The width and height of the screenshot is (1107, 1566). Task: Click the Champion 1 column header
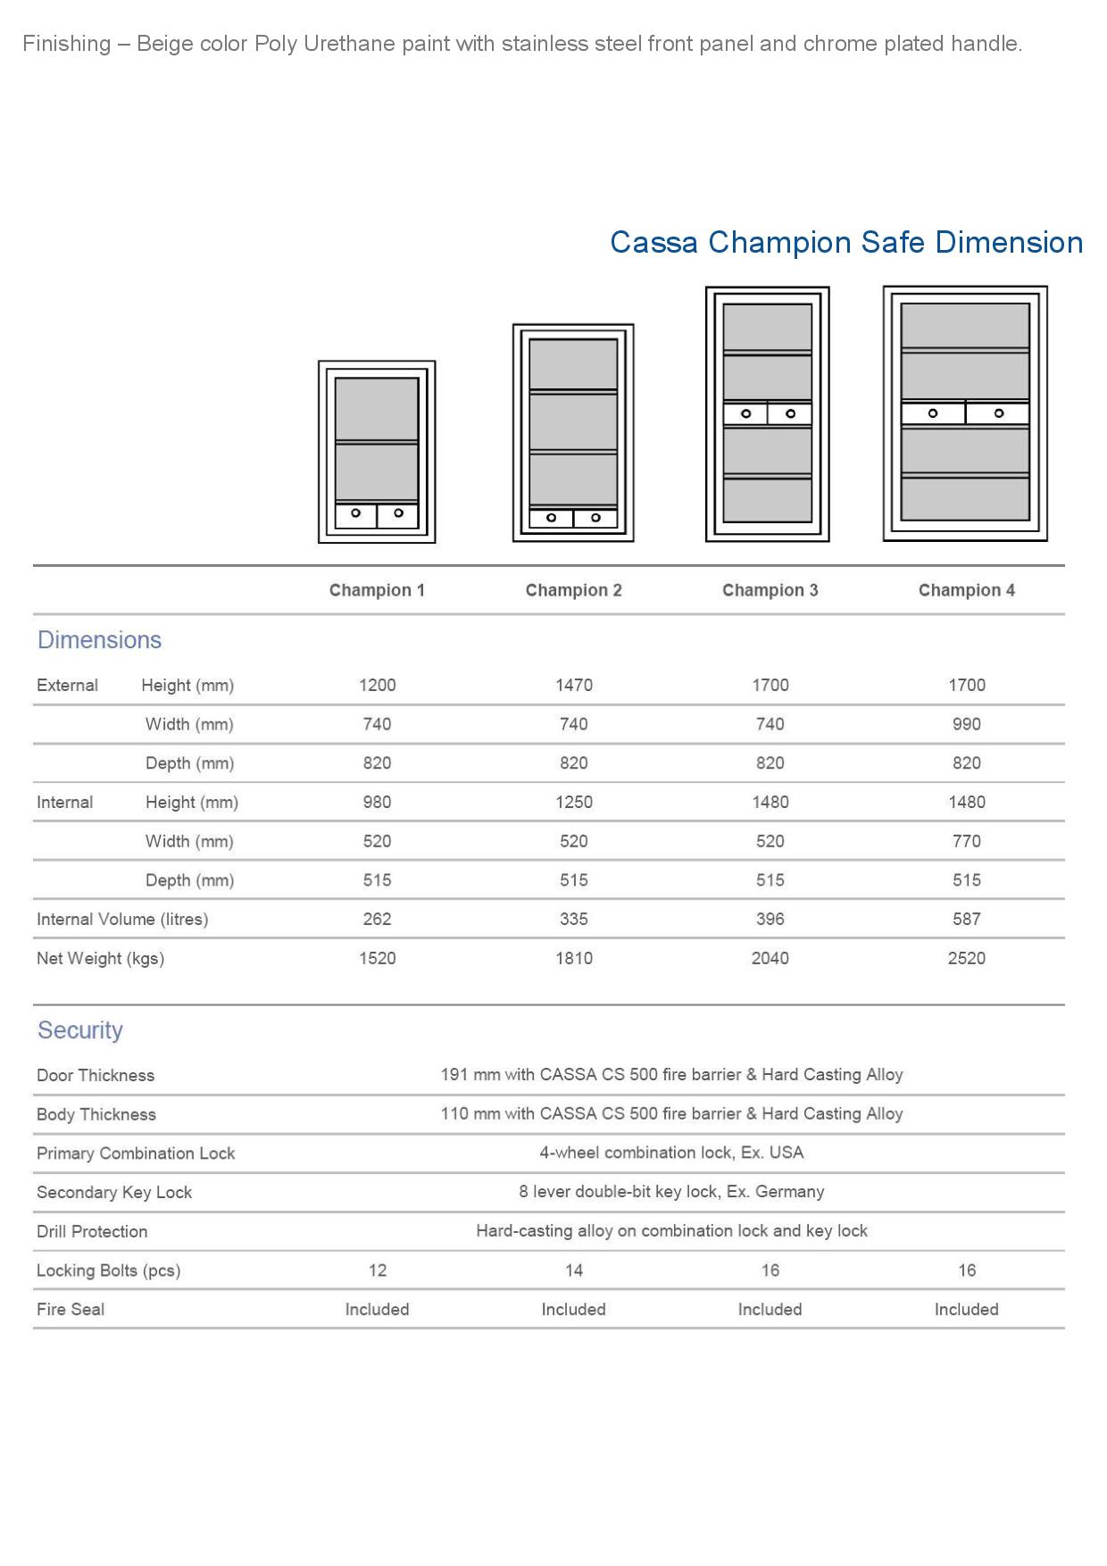coord(377,590)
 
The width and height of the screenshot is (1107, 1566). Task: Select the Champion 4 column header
coord(966,590)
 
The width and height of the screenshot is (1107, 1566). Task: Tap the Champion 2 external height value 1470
coord(573,685)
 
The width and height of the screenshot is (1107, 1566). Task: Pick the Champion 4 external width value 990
coord(966,724)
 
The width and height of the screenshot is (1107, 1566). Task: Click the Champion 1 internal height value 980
coord(377,802)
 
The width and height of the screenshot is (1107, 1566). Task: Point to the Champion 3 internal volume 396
coord(770,919)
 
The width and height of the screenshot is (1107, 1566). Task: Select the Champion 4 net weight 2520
coord(966,958)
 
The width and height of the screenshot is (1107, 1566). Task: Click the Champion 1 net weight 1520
coord(377,958)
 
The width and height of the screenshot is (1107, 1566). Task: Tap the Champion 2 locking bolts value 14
coord(573,1270)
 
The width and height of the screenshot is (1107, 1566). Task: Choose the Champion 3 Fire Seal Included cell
coord(770,1309)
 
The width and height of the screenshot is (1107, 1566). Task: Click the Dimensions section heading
coord(99,640)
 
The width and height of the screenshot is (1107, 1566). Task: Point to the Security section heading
coord(79,1030)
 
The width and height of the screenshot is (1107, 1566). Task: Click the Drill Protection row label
coord(92,1231)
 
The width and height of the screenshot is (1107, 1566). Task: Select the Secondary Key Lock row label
coord(114,1192)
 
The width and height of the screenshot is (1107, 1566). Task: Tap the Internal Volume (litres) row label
coord(122,919)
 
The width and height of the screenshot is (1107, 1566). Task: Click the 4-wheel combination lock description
coord(671,1153)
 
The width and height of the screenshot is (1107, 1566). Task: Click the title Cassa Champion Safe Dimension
coord(846,242)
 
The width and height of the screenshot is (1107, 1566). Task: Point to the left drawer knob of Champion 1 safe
coord(355,513)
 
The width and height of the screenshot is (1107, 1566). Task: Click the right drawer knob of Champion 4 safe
coord(999,413)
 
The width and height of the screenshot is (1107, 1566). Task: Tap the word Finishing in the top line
coord(67,44)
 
